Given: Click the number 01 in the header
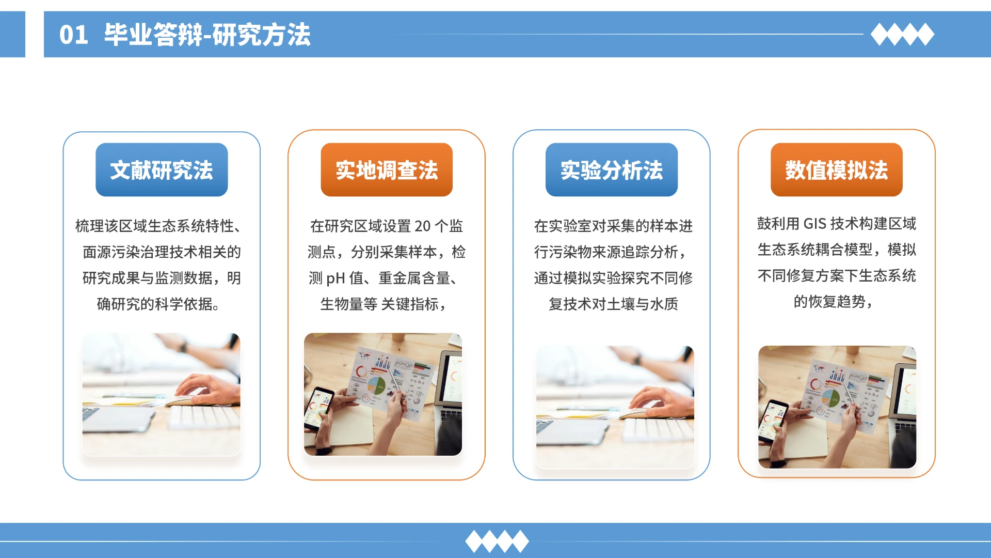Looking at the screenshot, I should (73, 35).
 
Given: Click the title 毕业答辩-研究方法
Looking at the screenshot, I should (207, 35).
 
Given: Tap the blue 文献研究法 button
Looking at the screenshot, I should (162, 170).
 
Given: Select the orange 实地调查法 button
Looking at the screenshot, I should (387, 170).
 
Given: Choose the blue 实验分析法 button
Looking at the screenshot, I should (612, 170).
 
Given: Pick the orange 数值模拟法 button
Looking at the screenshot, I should (837, 170).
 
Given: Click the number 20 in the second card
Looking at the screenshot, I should (422, 226).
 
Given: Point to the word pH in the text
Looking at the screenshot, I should (335, 278).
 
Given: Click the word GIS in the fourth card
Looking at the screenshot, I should (815, 224).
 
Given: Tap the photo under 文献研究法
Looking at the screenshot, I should (162, 394).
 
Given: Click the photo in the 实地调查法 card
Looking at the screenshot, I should (383, 394).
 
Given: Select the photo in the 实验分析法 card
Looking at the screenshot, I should (615, 407).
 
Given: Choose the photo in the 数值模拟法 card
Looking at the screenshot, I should (837, 407).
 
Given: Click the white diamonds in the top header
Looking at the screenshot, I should (902, 35).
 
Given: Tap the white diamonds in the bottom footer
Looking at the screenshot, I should (497, 541).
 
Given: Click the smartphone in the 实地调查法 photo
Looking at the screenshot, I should (318, 408).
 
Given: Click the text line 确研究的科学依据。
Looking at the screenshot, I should (158, 304).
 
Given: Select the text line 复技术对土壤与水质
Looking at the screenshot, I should (613, 304).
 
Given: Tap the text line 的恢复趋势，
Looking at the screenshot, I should (833, 302).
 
